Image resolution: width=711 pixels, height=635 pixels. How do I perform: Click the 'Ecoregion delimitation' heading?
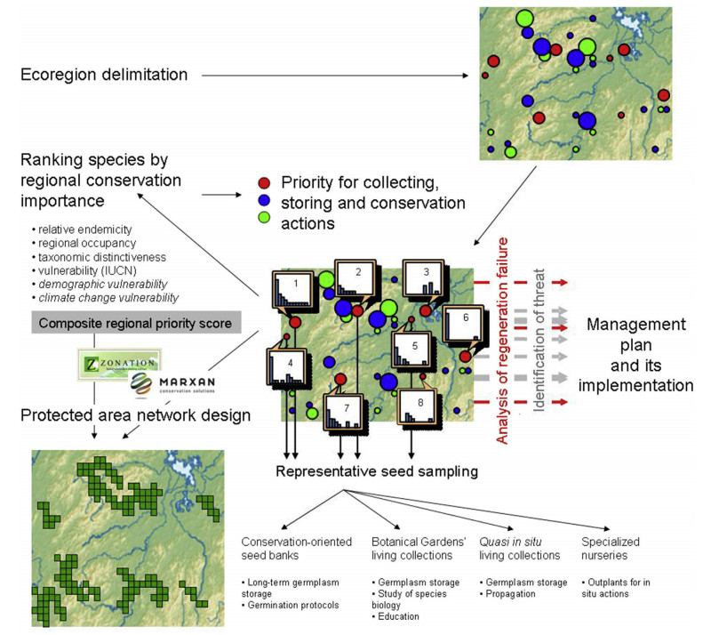point(105,75)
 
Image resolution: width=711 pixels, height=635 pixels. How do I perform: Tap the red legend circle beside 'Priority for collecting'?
point(263,182)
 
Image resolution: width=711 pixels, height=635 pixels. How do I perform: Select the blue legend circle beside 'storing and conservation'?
point(263,203)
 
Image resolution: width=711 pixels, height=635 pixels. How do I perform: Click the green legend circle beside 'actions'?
point(263,224)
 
